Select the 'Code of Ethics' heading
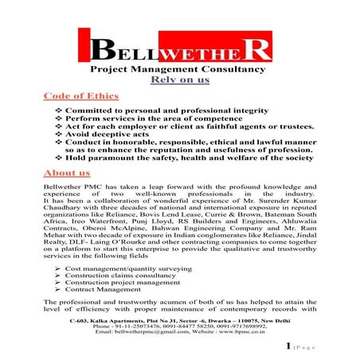(x=81, y=96)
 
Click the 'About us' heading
(x=67, y=172)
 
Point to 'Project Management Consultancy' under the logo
(x=181, y=69)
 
